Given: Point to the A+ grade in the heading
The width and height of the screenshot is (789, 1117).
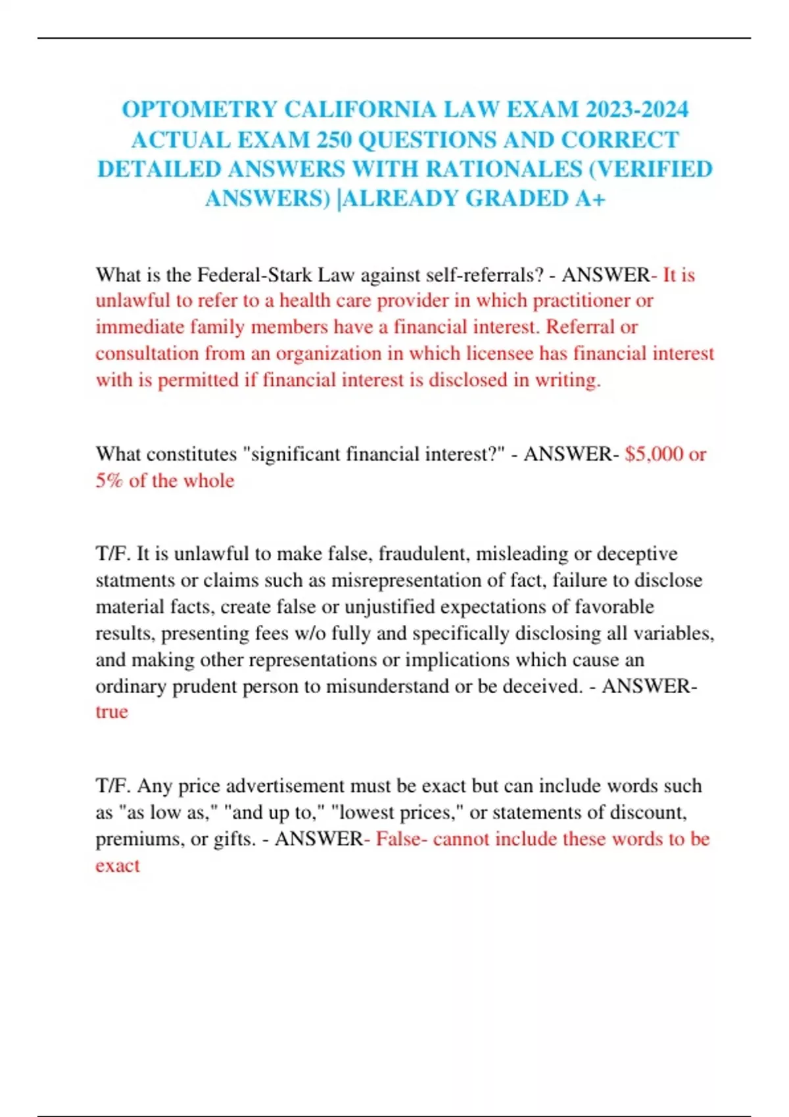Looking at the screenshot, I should point(590,198).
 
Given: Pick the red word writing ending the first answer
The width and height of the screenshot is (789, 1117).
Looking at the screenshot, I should point(567,380).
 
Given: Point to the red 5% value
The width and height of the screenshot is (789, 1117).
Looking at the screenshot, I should point(109,481).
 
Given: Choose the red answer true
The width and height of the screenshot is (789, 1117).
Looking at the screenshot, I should point(112,712).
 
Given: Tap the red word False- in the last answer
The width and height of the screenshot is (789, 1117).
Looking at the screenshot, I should point(401,840).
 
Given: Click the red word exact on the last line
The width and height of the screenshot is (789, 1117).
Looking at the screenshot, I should point(118,866).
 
